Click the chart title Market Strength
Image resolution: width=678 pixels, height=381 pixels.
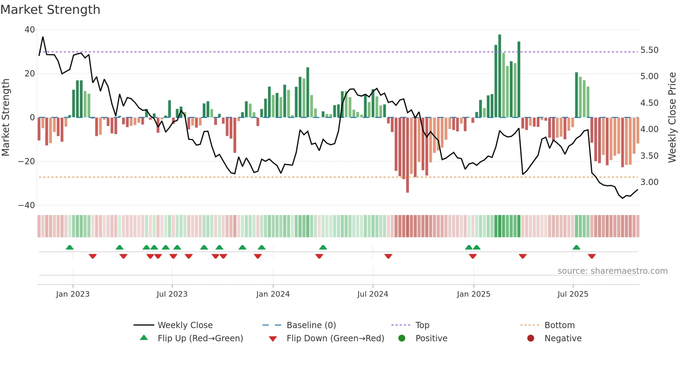[x=50, y=10]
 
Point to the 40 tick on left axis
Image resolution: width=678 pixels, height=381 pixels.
[x=30, y=30]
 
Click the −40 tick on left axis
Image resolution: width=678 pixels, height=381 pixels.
[x=27, y=205]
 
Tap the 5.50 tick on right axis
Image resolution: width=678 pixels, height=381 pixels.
[x=649, y=50]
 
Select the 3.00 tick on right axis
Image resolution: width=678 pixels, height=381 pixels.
[x=649, y=182]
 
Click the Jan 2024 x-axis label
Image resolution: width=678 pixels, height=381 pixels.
[x=273, y=294]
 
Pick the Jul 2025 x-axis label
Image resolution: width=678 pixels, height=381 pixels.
[x=572, y=294]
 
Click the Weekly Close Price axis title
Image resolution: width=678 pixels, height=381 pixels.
[x=672, y=118]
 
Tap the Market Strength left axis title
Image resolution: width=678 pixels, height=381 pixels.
[x=6, y=118]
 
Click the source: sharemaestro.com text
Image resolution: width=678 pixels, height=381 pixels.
[x=612, y=271]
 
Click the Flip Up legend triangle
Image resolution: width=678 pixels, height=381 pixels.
[x=144, y=338]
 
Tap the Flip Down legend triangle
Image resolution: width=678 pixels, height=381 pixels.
[x=273, y=339]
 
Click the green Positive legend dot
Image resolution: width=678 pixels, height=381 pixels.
[x=402, y=338]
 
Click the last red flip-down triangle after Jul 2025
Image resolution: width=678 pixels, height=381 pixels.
[x=592, y=256]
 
